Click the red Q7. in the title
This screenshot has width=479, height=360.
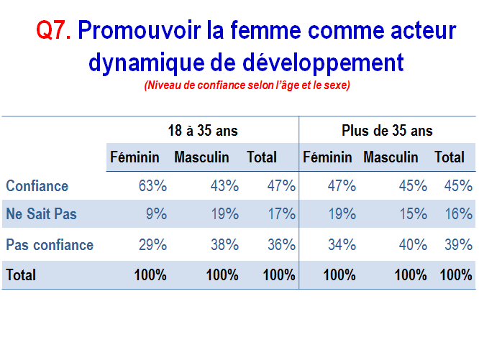[x=54, y=30]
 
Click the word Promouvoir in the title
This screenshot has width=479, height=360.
[x=140, y=30]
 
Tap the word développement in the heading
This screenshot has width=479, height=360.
[x=323, y=63]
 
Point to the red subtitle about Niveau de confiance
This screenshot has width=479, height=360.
[x=247, y=85]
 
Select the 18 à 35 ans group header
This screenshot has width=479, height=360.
[x=203, y=131]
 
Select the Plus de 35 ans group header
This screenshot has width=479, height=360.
[x=387, y=131]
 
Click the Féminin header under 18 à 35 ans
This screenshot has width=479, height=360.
[x=134, y=157]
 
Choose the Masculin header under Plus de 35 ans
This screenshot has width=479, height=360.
[x=391, y=157]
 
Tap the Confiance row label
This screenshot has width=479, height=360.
[x=37, y=186]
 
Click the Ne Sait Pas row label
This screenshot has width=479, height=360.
[x=41, y=213]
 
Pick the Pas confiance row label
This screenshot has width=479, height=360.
[x=50, y=245]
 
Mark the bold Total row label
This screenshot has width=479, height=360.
[x=21, y=274]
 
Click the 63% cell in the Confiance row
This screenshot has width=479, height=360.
[x=152, y=186]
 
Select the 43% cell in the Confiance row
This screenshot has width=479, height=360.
[x=224, y=186]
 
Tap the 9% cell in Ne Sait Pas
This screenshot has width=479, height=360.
[x=156, y=213]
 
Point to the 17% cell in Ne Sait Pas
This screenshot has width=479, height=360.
[x=282, y=213]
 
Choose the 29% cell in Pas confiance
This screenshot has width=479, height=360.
[x=152, y=245]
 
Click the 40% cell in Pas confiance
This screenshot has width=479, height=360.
[x=413, y=245]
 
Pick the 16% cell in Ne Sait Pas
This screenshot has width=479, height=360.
[x=459, y=213]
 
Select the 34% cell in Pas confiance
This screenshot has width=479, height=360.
[x=342, y=245]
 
